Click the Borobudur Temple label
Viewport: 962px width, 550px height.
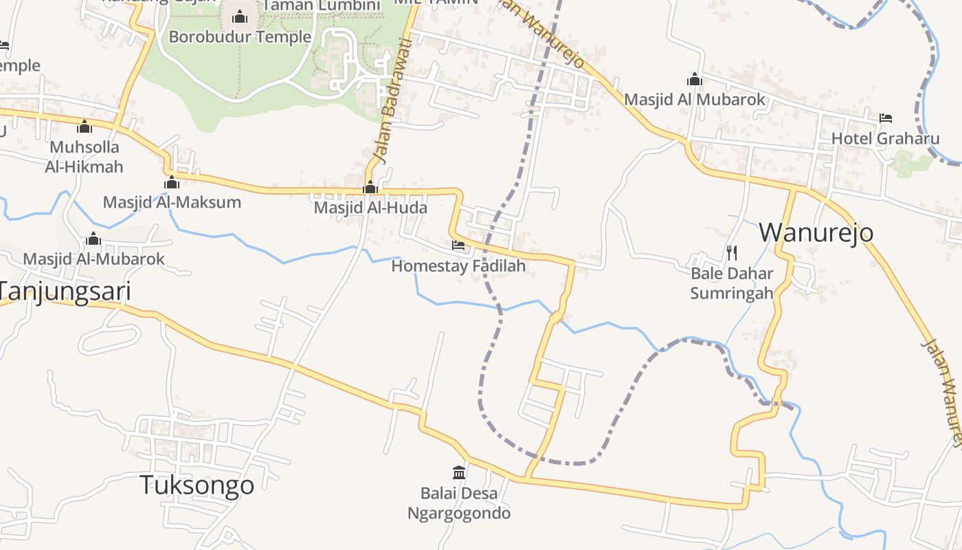(240, 37)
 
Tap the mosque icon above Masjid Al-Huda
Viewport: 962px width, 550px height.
(370, 187)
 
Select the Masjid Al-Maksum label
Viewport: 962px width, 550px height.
(172, 202)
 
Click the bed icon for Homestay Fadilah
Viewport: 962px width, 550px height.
(458, 245)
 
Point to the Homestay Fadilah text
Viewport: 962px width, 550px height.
(458, 265)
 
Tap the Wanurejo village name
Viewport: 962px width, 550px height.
(816, 232)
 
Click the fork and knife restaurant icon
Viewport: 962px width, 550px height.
(731, 253)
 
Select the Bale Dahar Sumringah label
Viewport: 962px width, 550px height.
(731, 283)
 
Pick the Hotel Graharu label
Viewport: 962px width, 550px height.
(885, 139)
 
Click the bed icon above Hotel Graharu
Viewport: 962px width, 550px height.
(885, 118)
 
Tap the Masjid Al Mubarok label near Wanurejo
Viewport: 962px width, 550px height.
(694, 100)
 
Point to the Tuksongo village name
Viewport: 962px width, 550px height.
(197, 485)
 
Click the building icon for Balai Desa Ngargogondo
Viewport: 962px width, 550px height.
(459, 472)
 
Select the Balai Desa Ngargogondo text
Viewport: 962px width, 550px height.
(459, 503)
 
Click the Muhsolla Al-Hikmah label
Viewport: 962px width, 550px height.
(85, 157)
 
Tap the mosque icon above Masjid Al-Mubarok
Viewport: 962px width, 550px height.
(93, 239)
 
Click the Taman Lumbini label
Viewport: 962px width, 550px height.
(321, 6)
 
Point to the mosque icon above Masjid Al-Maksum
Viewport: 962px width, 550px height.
(172, 183)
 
